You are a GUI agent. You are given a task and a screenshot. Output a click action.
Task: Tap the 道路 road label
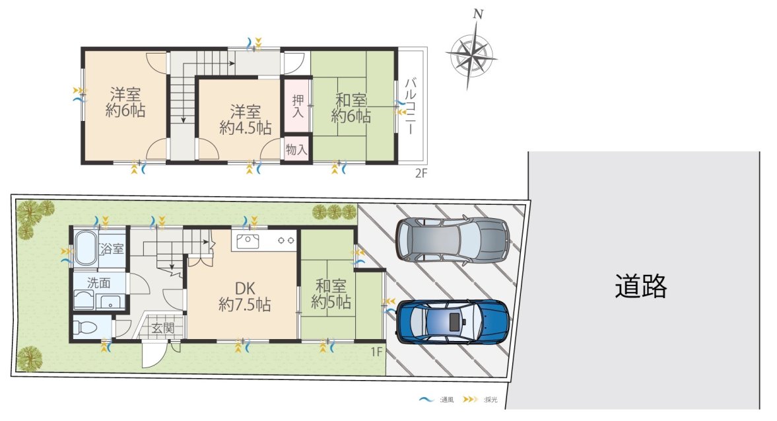tap(641, 286)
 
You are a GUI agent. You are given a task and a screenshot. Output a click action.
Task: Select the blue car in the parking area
tap(453, 322)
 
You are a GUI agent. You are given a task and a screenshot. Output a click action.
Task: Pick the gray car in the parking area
tap(453, 239)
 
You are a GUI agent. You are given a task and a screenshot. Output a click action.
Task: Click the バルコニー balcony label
tap(411, 106)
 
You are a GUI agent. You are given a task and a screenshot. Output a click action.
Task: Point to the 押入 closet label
tap(297, 106)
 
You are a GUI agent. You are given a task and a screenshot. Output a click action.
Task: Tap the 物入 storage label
tap(296, 149)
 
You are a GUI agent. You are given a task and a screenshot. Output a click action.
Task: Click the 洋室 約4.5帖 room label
tap(246, 120)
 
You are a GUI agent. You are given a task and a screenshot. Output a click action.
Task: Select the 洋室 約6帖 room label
tap(125, 102)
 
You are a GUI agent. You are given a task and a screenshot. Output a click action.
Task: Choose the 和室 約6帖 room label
tap(351, 108)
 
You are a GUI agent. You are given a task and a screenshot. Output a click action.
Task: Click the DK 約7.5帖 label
tap(245, 296)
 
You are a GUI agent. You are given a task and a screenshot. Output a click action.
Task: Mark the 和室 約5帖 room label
tap(331, 293)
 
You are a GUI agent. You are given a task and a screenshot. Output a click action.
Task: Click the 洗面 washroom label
tap(98, 283)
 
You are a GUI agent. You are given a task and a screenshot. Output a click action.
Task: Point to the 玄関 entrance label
tap(163, 328)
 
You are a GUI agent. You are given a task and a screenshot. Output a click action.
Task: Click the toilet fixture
tap(83, 326)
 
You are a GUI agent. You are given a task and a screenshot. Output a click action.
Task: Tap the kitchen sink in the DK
tap(248, 241)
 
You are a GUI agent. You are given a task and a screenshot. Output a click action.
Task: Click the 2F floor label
tap(421, 173)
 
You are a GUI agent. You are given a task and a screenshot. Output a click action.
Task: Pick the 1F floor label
tap(376, 352)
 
